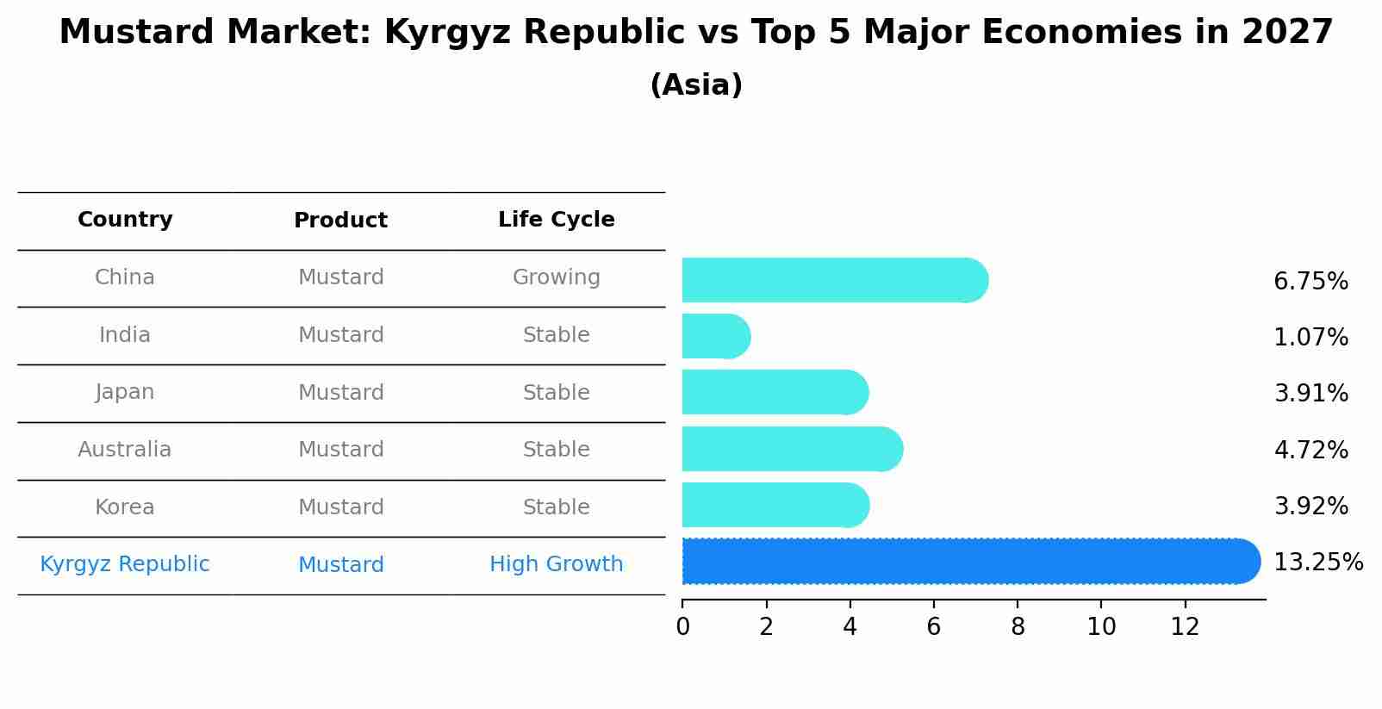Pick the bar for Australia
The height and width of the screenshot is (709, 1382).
[791, 449]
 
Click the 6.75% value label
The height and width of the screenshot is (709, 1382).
[1310, 282]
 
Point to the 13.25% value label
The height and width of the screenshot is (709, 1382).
[1317, 563]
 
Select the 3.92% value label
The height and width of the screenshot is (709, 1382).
[1310, 507]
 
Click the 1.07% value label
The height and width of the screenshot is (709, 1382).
[1310, 338]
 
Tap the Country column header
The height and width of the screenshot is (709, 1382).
[125, 220]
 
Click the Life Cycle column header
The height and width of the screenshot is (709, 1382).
[556, 220]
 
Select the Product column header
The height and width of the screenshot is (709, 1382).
[340, 221]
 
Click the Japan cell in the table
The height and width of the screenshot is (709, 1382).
[125, 393]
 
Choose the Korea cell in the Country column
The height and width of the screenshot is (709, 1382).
[125, 507]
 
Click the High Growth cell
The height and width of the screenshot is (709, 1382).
[556, 564]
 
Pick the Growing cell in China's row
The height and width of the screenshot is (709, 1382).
[556, 277]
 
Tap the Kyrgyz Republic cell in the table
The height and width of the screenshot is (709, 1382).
[125, 564]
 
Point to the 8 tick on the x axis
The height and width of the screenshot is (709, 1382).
[1018, 626]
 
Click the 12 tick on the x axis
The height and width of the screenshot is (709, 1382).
[1185, 626]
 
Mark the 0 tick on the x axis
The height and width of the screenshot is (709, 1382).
[682, 626]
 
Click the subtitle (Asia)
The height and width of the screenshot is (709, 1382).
[695, 85]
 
